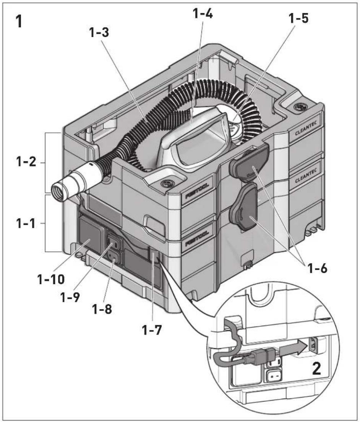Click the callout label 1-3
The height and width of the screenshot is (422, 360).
coord(99,33)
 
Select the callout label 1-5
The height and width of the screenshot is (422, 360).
coord(298,18)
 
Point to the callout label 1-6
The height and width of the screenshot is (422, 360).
coord(317,268)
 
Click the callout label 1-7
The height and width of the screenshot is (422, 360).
coord(152,330)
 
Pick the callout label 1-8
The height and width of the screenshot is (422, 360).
coord(102,310)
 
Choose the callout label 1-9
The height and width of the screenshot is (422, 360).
coord(71,297)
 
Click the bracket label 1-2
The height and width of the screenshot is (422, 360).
coord(26,163)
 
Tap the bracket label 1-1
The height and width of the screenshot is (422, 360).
coord(26,223)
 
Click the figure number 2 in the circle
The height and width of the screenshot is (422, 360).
coord(316,369)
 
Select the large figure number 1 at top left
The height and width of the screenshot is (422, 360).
coord(19,21)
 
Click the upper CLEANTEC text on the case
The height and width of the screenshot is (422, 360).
coord(305,129)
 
